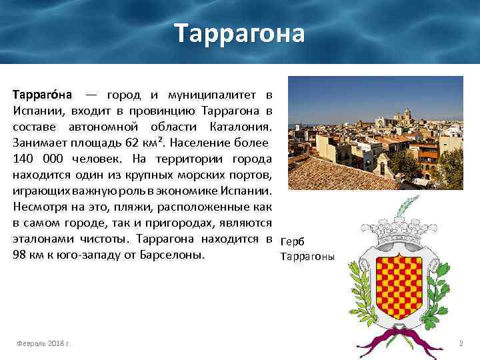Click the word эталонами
pyautogui.click(x=39, y=239)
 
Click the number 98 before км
pyautogui.click(x=19, y=255)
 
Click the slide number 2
pyautogui.click(x=460, y=343)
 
